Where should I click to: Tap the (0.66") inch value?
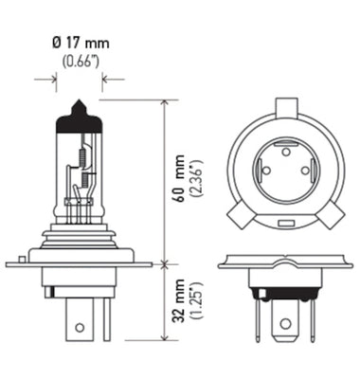79,62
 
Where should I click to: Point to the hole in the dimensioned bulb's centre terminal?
80,327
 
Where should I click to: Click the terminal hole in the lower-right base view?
281,325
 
